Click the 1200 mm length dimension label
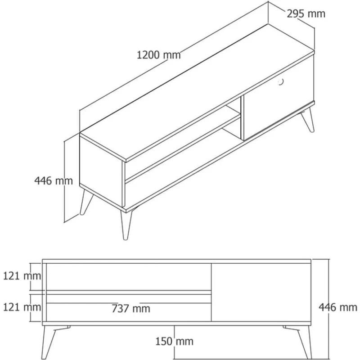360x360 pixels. click(x=158, y=55)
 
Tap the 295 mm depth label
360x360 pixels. click(x=306, y=13)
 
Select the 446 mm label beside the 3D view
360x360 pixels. click(x=53, y=180)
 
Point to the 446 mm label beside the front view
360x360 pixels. click(x=338, y=307)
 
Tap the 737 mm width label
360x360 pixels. click(x=131, y=309)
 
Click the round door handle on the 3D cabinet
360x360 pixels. click(x=280, y=81)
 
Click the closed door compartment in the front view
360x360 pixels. click(x=261, y=292)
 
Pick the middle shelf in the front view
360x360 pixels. click(x=128, y=292)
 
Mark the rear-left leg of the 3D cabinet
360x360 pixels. click(x=85, y=202)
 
